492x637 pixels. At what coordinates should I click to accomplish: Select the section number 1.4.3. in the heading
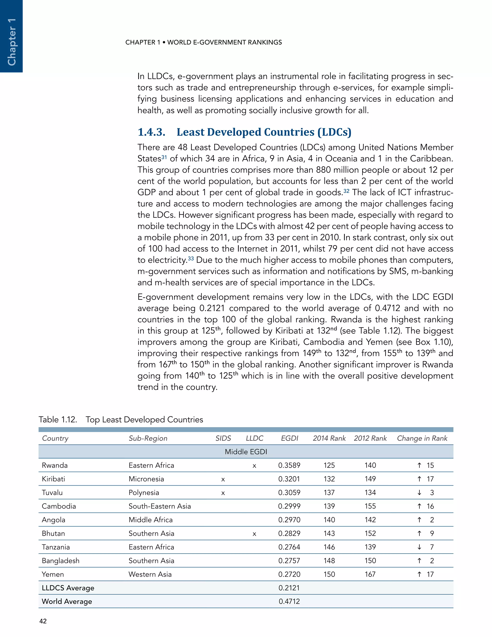click(x=151, y=132)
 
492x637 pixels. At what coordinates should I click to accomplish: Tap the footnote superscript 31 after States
click(x=164, y=157)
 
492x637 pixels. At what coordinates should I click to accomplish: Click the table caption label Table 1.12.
click(x=58, y=419)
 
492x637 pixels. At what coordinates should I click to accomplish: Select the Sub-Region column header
click(x=148, y=438)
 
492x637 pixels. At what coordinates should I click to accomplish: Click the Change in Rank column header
click(x=422, y=438)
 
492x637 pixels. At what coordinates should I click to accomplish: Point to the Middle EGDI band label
click(x=246, y=451)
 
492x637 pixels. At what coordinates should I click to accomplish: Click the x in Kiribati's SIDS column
click(x=223, y=479)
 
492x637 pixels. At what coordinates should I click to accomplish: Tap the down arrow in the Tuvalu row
click(x=419, y=492)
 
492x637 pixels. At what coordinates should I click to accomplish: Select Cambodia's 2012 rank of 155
click(x=370, y=506)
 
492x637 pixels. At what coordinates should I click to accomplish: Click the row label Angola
click(x=53, y=520)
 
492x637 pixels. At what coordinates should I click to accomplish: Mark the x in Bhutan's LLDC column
click(x=254, y=534)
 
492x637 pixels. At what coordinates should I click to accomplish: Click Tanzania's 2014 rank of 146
click(x=329, y=547)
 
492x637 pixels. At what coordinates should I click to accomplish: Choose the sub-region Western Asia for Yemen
click(x=150, y=574)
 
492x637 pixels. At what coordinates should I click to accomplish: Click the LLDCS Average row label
click(x=68, y=588)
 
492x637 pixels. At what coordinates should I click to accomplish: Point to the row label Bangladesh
click(x=60, y=561)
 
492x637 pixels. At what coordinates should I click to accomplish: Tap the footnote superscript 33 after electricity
click(x=191, y=258)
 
